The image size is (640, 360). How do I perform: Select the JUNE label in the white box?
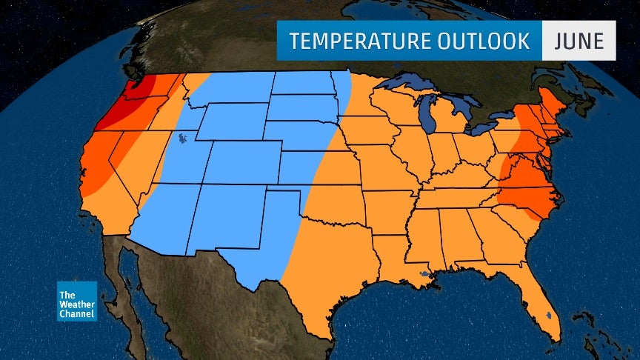pyautogui.click(x=579, y=41)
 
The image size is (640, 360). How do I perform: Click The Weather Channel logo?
pyautogui.click(x=77, y=301)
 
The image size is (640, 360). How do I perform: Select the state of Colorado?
pyautogui.click(x=245, y=164)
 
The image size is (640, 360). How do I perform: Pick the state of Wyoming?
pyautogui.click(x=230, y=122)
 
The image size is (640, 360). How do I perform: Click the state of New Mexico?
pyautogui.click(x=227, y=216)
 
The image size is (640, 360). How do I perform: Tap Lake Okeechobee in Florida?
pyautogui.click(x=547, y=315)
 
